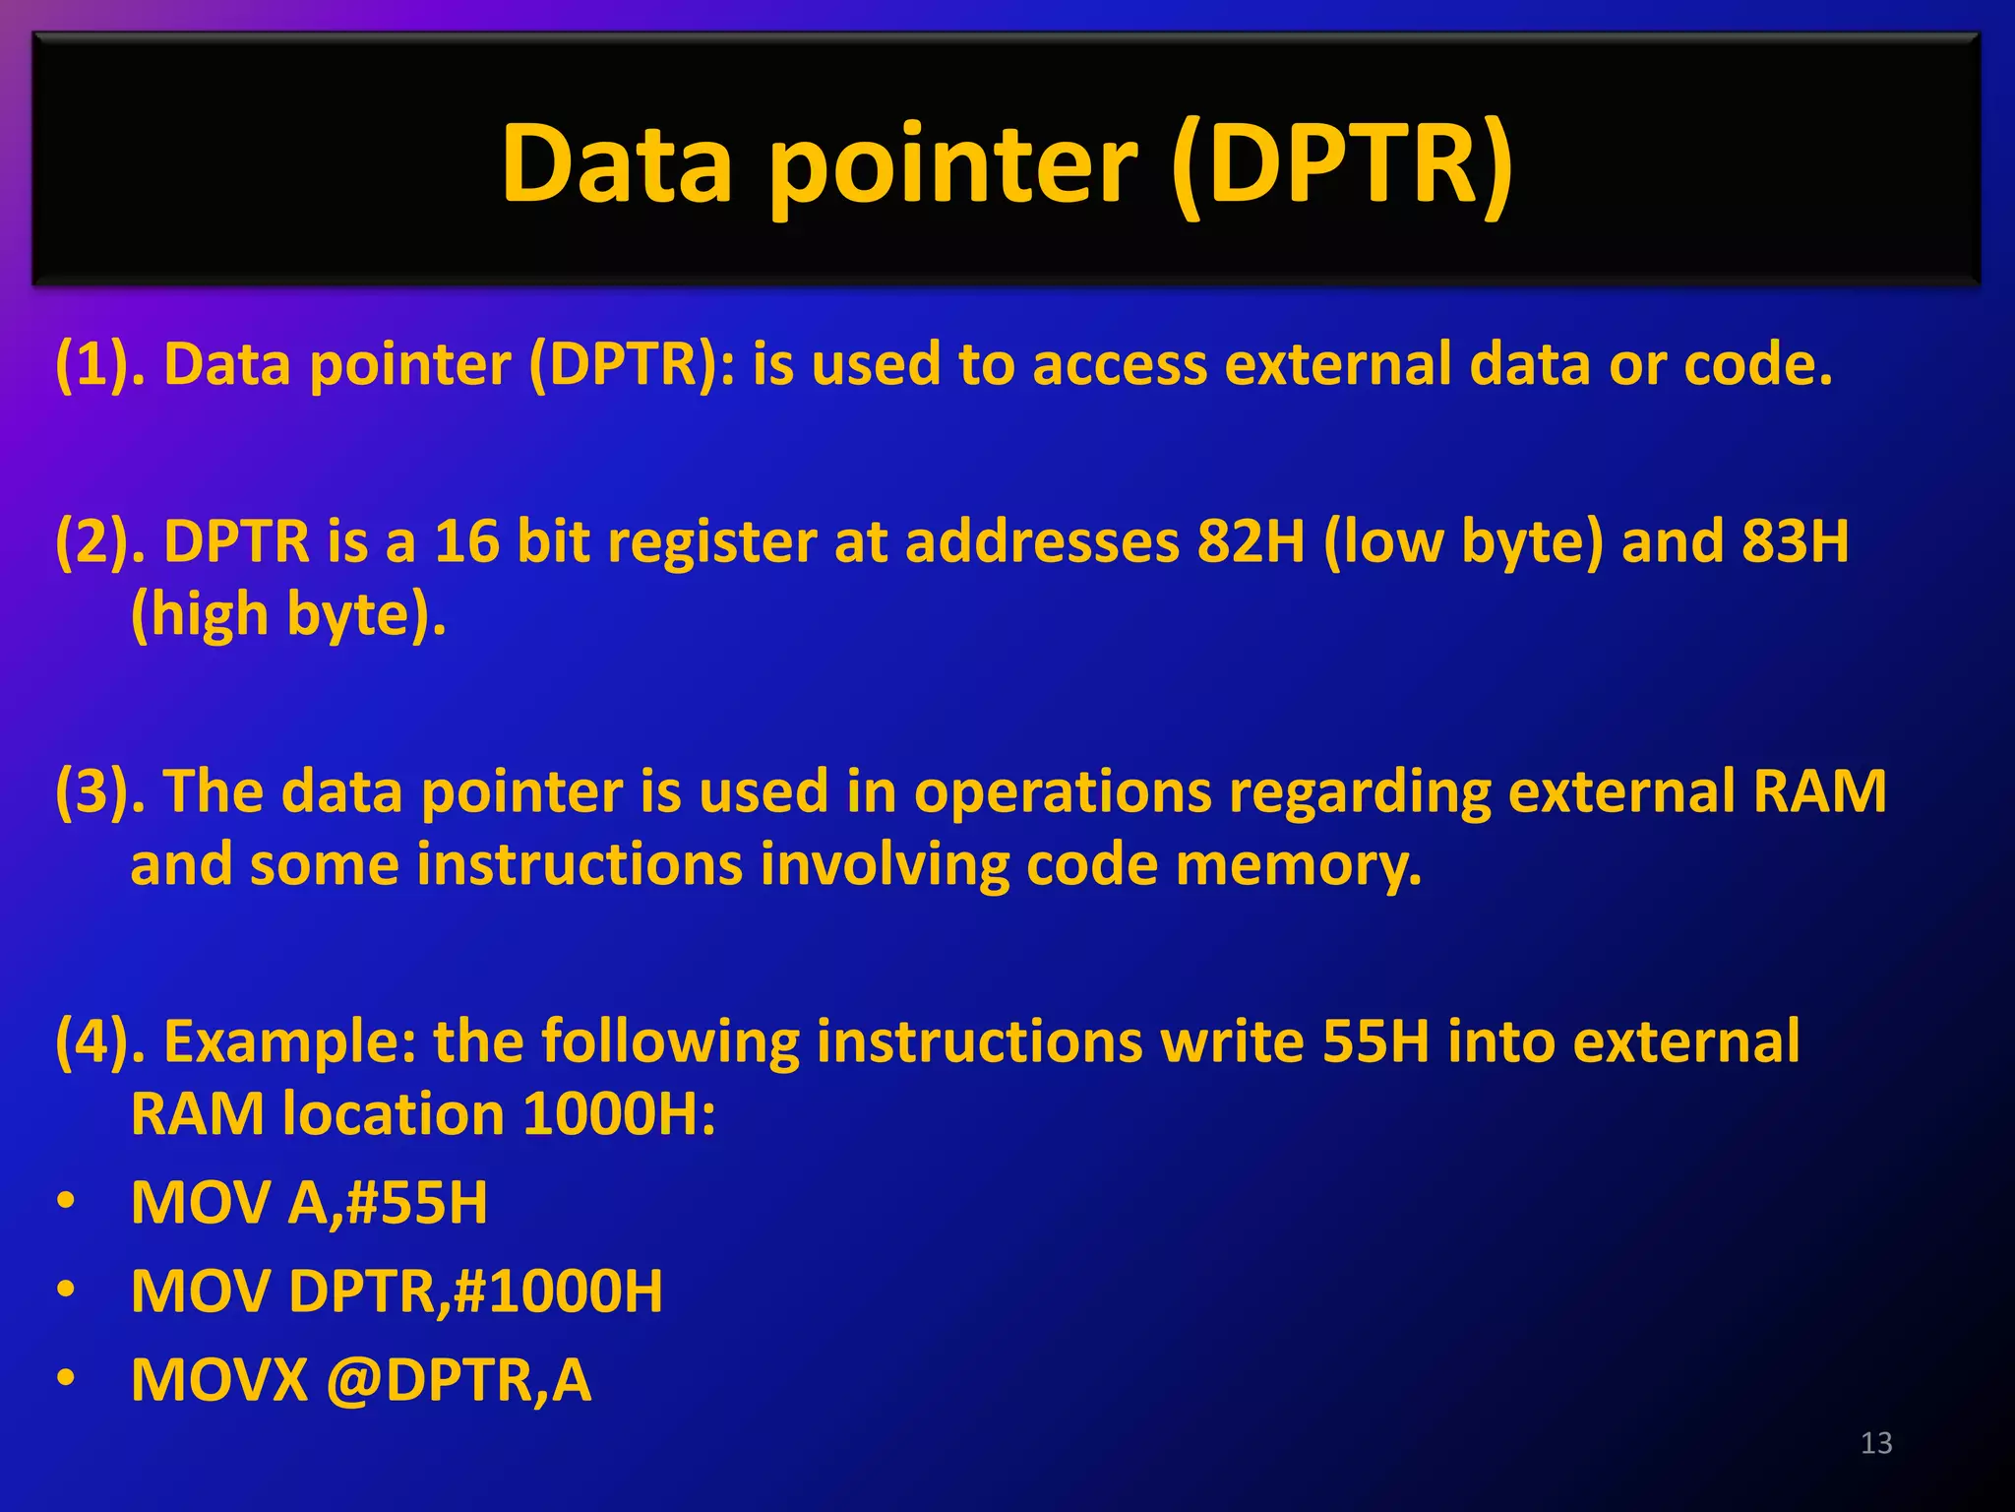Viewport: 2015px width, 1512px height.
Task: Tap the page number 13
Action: [1876, 1443]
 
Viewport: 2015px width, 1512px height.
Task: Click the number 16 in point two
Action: [466, 541]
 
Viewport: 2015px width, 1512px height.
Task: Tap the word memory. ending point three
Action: [1299, 866]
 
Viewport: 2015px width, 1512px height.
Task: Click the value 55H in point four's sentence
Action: [1375, 1041]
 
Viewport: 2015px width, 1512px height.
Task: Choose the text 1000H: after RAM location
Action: [619, 1114]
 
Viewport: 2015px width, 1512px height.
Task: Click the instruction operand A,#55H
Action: [388, 1203]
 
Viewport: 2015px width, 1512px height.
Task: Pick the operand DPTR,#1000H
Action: [475, 1291]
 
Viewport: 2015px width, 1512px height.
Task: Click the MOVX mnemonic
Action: [219, 1380]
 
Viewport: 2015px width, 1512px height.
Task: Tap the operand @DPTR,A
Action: [458, 1380]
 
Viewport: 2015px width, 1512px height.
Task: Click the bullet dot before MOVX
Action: [65, 1378]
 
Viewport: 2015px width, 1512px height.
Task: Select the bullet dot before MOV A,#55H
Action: [65, 1201]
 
